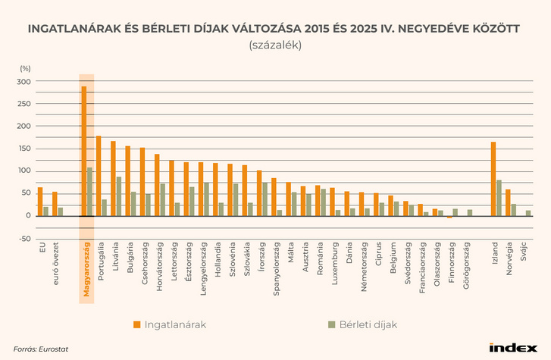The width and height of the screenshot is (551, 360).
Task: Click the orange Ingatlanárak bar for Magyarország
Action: [x=84, y=152]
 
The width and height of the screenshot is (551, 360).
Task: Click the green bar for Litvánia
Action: [x=119, y=196]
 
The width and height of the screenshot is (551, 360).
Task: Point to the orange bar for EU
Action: [x=40, y=202]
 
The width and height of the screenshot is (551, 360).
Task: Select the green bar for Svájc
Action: [x=528, y=213]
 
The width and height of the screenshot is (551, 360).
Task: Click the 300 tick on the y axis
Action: [x=24, y=82]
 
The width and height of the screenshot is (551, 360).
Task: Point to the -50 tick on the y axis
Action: [x=24, y=239]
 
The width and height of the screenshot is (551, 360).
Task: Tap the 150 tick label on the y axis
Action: [x=24, y=149]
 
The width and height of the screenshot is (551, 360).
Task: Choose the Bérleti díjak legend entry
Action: [x=362, y=324]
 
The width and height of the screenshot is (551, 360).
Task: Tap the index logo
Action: [x=512, y=348]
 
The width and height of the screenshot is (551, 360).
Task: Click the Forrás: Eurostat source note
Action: [x=37, y=349]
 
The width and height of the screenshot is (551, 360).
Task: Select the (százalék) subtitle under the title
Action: [x=274, y=45]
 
